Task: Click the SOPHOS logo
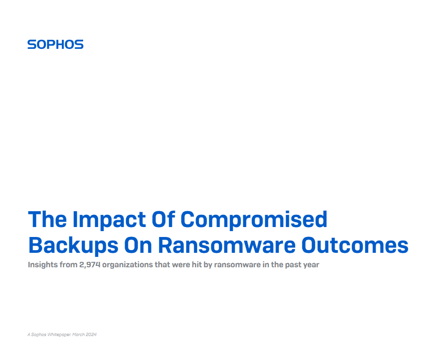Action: tap(56, 44)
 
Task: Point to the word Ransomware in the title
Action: tap(227, 245)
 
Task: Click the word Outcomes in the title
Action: tap(355, 245)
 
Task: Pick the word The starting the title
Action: tap(47, 219)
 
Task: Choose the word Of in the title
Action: tap(163, 219)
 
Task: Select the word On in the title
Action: tap(138, 245)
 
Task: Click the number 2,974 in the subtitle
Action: tap(90, 265)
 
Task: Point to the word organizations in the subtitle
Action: tap(127, 265)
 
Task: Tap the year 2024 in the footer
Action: tap(91, 334)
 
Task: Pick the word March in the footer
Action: tap(79, 334)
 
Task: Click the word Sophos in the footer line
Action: tap(38, 335)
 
